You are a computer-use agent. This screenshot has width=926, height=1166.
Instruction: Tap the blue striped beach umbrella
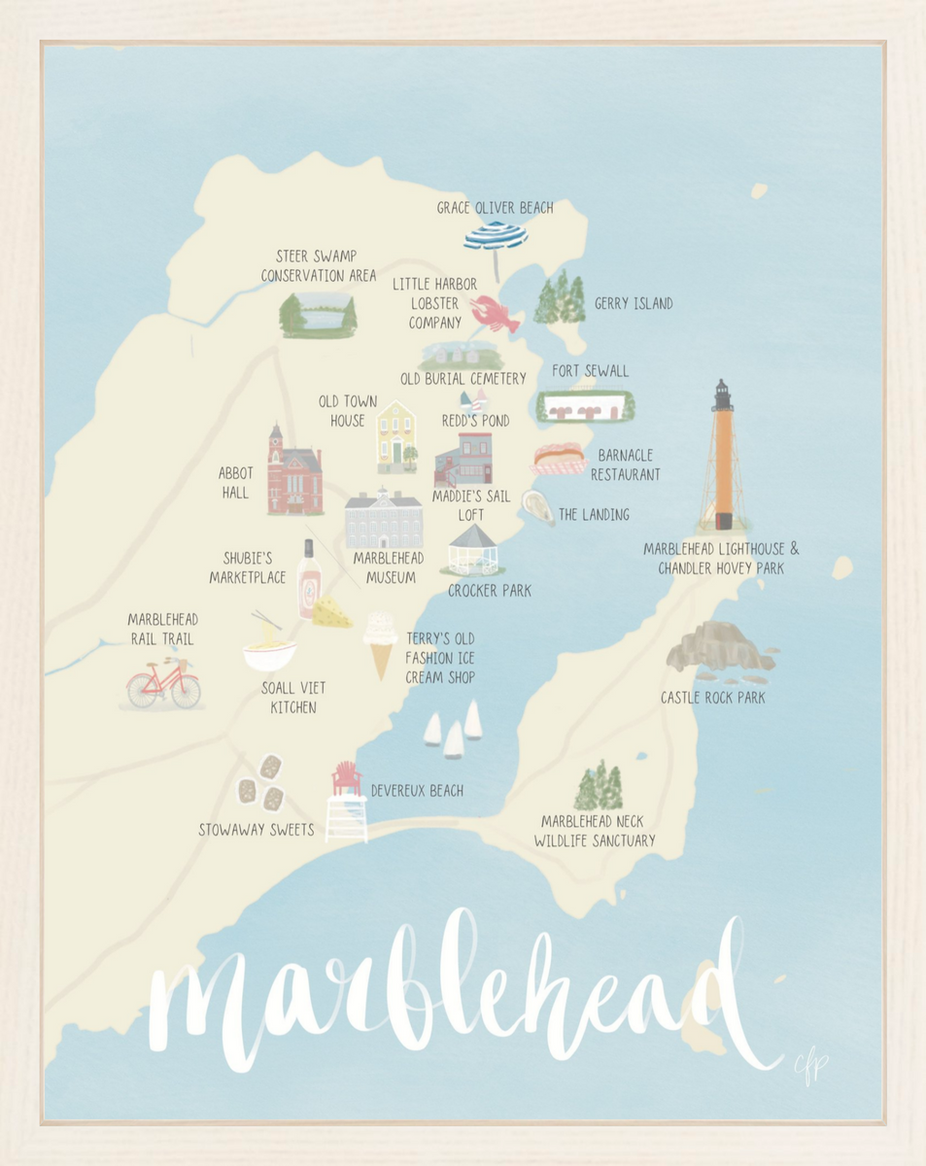496,236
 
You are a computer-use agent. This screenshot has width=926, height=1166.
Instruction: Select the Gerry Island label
634,304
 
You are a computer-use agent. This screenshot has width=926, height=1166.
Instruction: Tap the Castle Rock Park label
712,698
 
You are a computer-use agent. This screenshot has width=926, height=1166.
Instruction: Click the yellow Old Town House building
395,436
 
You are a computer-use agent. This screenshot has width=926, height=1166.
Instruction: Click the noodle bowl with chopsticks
269,649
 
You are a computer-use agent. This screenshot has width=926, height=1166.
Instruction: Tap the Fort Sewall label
590,371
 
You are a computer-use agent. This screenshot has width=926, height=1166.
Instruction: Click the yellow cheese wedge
332,611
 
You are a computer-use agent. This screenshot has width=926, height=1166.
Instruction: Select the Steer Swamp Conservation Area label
318,266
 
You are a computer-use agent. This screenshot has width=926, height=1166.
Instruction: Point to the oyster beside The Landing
537,506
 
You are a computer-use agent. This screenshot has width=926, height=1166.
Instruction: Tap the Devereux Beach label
417,791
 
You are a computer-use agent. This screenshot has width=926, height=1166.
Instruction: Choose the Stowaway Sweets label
256,830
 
